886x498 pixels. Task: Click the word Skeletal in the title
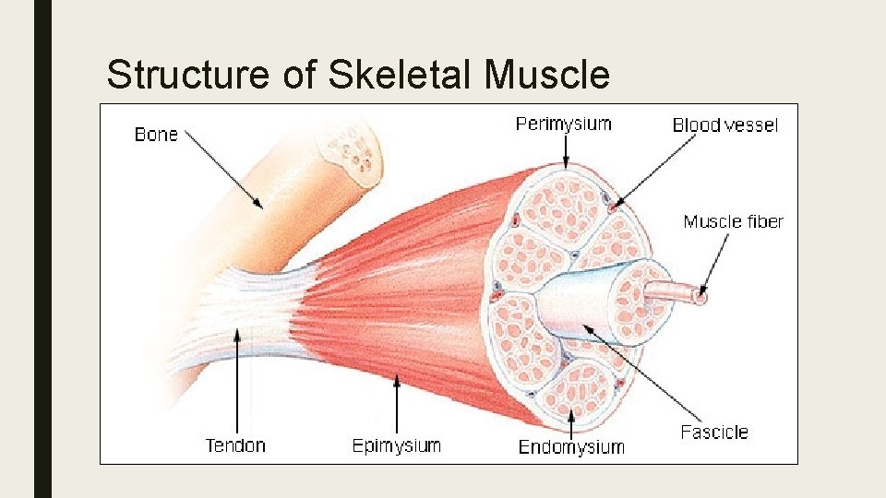[401, 74]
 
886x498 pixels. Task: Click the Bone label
[156, 135]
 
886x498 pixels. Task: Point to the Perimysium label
[563, 124]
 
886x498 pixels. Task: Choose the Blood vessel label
[725, 125]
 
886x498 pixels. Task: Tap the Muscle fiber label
[733, 221]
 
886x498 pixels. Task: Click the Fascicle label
[714, 432]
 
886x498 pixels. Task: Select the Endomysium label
[571, 447]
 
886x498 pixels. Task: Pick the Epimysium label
[397, 446]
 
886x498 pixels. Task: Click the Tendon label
[235, 446]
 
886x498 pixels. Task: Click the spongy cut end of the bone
[350, 153]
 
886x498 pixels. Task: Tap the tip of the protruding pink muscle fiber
[700, 297]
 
